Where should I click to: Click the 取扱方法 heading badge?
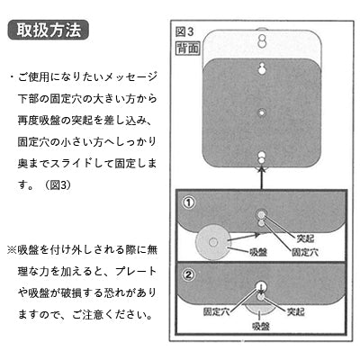[49, 30]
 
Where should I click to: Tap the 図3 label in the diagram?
[184, 31]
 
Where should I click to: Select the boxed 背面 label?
[187, 49]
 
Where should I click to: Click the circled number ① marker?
[189, 203]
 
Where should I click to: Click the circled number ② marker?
[189, 274]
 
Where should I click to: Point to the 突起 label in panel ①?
[305, 238]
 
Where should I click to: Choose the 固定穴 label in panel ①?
[305, 252]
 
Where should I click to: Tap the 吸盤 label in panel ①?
[258, 252]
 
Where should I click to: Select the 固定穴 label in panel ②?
[216, 311]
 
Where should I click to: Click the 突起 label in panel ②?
[296, 311]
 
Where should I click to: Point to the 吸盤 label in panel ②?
[261, 326]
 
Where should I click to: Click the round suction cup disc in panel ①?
[213, 242]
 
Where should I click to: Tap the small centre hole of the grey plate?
[262, 113]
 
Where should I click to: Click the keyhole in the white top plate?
[262, 40]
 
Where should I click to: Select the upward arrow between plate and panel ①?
[262, 178]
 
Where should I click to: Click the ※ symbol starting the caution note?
[12, 249]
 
